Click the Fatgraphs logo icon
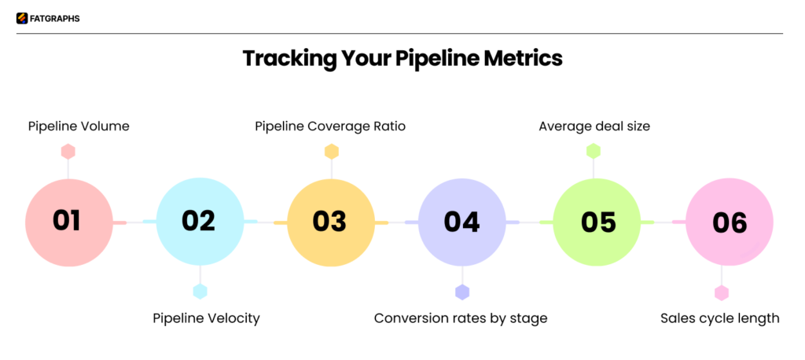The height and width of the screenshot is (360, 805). point(22,18)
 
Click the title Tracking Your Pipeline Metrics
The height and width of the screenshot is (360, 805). point(402,59)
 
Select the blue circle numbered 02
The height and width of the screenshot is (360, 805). point(200,222)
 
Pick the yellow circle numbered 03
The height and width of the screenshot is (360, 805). point(330,222)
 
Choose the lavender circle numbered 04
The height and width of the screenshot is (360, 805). point(461,222)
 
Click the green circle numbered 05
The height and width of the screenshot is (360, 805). point(597,222)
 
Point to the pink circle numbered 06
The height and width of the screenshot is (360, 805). point(729,222)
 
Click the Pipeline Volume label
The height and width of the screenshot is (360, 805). point(79,126)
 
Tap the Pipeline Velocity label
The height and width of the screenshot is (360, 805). point(206,318)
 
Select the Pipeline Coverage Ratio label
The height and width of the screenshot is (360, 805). point(330,126)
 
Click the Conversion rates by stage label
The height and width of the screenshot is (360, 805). point(461,318)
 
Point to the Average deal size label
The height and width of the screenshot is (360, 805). point(594,126)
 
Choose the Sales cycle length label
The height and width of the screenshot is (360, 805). point(719,318)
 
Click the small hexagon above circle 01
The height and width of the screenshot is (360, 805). point(68,151)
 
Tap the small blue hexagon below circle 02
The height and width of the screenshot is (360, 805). point(200,292)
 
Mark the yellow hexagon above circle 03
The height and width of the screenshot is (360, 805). point(332,151)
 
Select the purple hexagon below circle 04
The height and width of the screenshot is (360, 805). point(462,292)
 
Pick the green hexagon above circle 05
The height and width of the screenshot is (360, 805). point(594,151)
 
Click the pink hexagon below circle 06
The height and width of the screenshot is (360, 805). point(721,292)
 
